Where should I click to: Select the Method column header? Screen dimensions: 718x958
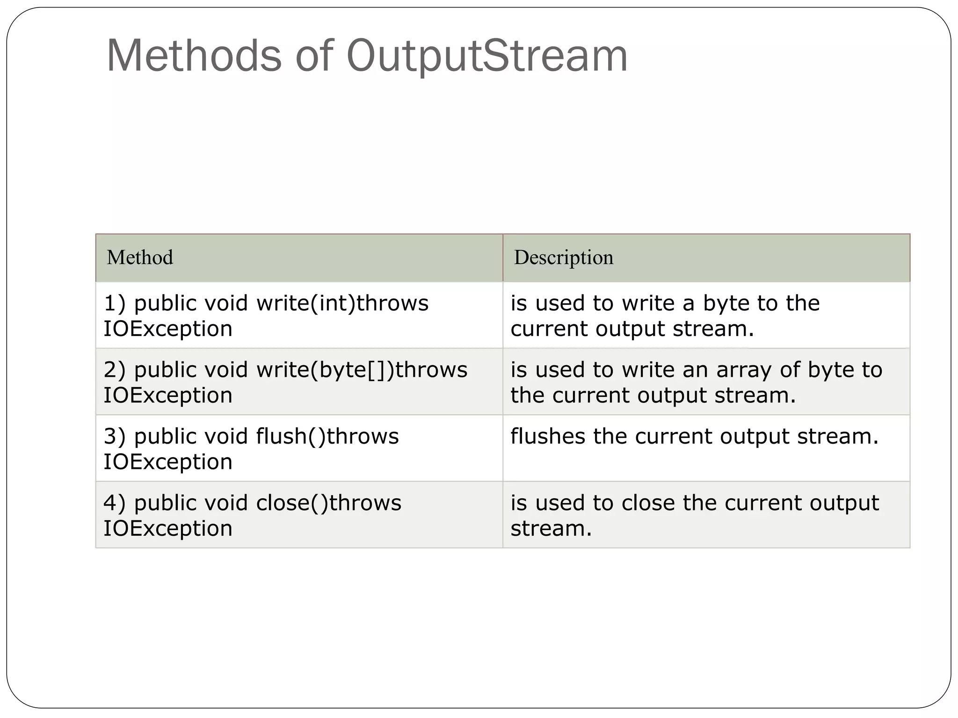[x=140, y=258]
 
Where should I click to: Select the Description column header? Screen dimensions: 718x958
[x=563, y=258]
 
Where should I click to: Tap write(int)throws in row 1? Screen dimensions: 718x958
[x=342, y=303]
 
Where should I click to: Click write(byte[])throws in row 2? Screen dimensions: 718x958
[x=362, y=370]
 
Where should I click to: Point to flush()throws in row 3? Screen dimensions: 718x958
[x=327, y=436]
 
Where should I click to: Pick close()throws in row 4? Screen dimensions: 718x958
[x=329, y=503]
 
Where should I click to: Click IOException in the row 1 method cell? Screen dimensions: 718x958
[x=168, y=329]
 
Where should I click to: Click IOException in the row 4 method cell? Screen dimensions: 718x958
[x=168, y=529]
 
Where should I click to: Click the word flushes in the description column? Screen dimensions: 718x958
[x=547, y=436]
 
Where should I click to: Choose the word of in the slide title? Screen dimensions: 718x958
[x=314, y=56]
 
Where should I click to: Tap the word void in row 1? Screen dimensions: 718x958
[x=226, y=303]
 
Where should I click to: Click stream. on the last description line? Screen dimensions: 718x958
[x=551, y=529]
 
